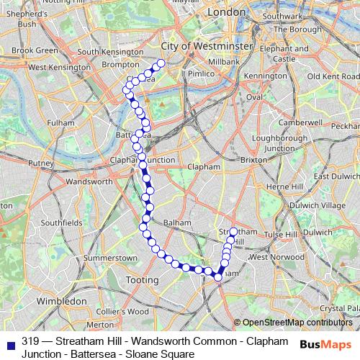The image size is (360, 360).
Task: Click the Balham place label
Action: (177, 222)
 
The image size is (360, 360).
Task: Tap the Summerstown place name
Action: (110, 257)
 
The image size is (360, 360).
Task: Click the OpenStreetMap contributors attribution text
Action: (297, 323)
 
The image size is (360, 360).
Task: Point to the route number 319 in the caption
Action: (30, 341)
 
